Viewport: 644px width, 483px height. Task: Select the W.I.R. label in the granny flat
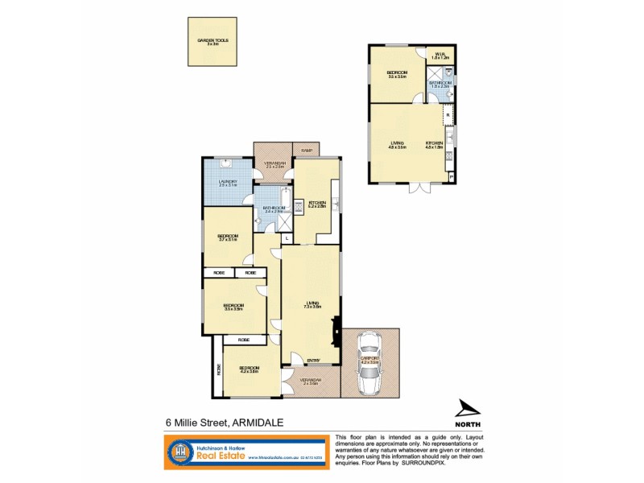[x=440, y=56]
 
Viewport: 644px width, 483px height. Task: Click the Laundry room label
[x=226, y=183]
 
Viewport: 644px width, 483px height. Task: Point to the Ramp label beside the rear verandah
[x=306, y=150]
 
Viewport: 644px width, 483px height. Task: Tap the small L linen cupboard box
[x=286, y=238]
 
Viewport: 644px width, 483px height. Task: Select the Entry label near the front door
[x=313, y=360]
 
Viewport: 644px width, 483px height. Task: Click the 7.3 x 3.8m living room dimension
[x=313, y=307]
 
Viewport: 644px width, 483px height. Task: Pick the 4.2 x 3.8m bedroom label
[x=249, y=370]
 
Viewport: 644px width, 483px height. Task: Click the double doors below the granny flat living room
[x=419, y=188]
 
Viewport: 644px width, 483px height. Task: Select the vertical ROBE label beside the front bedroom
[x=218, y=369]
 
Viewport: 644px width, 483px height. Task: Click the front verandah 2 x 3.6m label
[x=310, y=382]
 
